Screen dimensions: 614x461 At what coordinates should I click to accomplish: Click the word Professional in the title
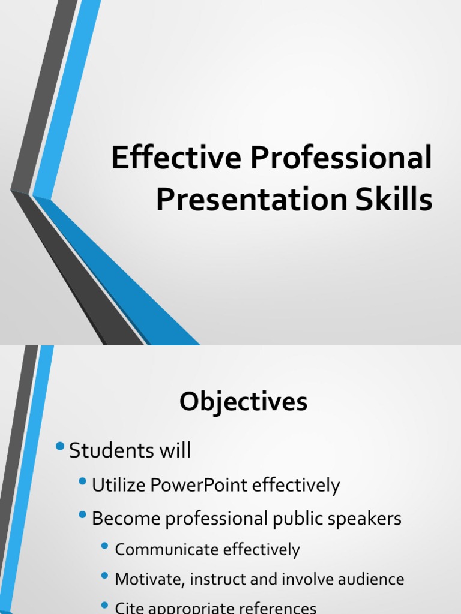coord(340,160)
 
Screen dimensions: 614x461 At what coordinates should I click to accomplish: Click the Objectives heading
coord(243,402)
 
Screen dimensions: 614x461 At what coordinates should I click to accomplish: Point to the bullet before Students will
coord(59,447)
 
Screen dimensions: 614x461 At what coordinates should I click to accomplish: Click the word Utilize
coord(115,486)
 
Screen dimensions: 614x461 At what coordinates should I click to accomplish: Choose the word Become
coord(122,519)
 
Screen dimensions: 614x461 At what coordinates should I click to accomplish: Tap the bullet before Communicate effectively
coord(106,546)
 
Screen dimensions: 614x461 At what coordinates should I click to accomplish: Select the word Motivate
coord(145,580)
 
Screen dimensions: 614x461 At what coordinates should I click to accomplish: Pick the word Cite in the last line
coord(128,608)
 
